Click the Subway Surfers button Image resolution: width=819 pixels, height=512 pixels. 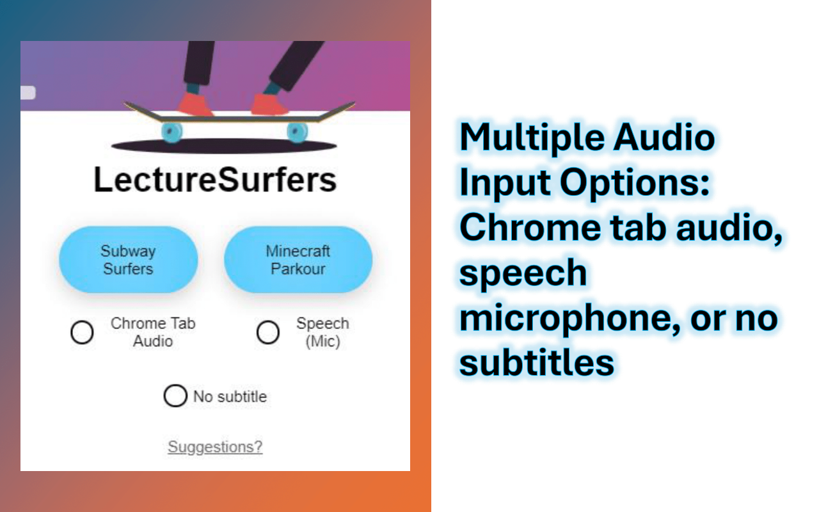129,260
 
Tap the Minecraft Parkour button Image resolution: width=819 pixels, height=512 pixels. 298,260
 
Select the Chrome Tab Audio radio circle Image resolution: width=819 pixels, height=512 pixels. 82,333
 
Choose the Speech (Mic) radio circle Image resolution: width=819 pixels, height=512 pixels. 268,333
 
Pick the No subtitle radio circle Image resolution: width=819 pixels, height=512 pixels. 175,396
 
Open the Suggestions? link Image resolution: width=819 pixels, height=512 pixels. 215,447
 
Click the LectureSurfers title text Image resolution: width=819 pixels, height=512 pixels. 215,180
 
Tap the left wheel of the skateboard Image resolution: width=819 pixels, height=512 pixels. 171,132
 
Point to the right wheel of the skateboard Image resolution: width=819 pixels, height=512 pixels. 297,132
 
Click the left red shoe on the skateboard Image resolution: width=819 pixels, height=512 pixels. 196,104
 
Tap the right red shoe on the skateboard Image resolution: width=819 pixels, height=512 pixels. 270,104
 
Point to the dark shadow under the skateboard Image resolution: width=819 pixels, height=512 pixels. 224,146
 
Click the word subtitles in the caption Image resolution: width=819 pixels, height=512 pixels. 537,363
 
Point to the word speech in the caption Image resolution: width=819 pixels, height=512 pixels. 523,273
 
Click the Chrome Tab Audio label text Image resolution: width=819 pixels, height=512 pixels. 153,332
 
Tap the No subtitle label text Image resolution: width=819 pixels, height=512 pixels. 230,397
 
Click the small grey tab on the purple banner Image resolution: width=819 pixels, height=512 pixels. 28,93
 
